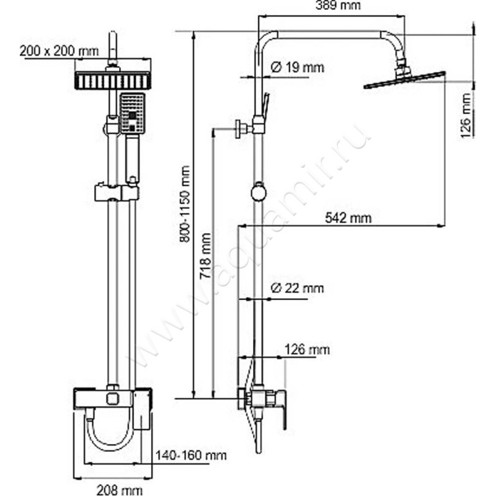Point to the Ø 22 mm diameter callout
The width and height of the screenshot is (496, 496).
pos(298,288)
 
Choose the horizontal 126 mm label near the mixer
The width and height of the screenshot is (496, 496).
pos(307,350)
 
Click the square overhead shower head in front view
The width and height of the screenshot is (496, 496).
pos(112,80)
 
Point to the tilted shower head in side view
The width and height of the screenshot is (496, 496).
pos(405,80)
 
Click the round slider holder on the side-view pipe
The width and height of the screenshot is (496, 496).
pos(257,193)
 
